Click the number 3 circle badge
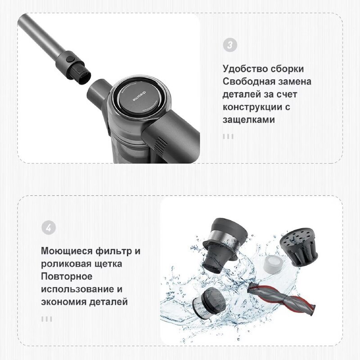[x=230, y=45]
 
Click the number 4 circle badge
[x=49, y=227]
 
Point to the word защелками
[x=249, y=120]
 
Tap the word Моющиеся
[x=67, y=251]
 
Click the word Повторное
[x=67, y=276]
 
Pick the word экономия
[x=63, y=301]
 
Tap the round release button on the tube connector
[x=69, y=59]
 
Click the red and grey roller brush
[x=282, y=298]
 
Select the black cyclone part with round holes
[x=299, y=247]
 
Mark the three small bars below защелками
[x=228, y=136]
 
